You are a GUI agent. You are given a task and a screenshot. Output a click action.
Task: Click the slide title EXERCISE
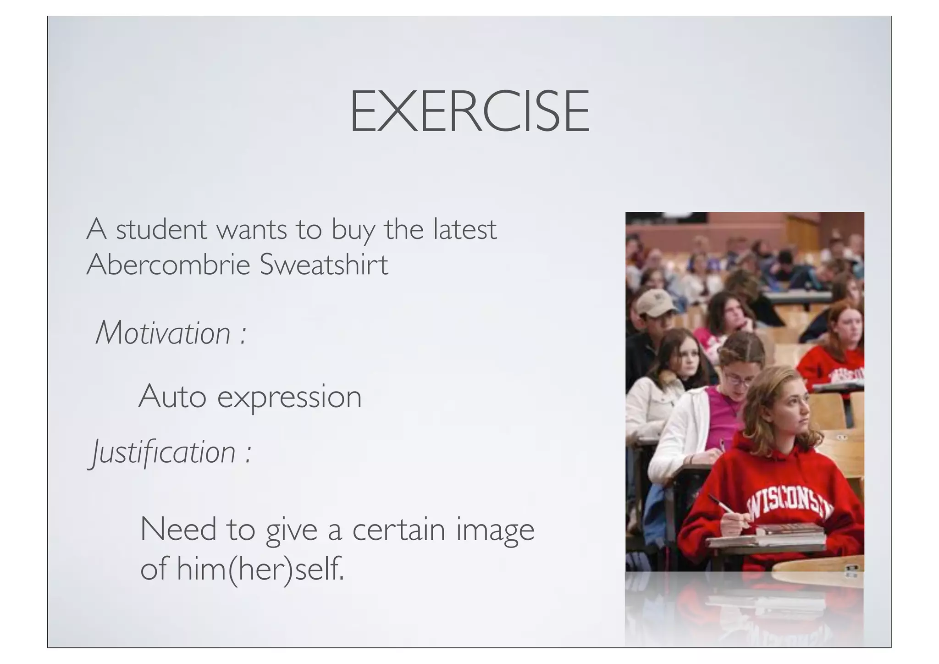point(469,111)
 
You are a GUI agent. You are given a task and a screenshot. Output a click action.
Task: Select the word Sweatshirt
point(324,265)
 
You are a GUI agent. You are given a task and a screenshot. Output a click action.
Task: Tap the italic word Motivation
point(163,333)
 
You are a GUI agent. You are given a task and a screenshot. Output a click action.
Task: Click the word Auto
point(172,396)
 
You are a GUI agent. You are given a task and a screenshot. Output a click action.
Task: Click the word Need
point(178,529)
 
